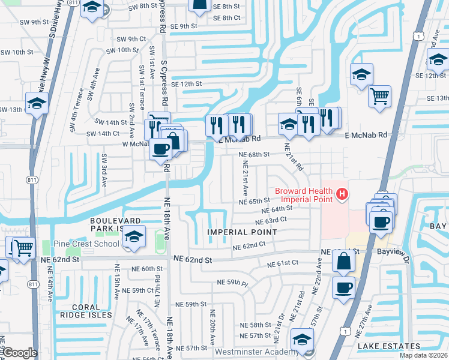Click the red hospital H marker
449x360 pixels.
coord(342,194)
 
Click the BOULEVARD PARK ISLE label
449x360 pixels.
coord(115,224)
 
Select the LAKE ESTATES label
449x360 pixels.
coord(388,346)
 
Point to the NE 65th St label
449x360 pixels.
coord(255,202)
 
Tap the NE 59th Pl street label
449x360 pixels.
coord(233,281)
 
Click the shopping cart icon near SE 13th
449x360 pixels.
coord(379,96)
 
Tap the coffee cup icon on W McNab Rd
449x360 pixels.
coord(161,148)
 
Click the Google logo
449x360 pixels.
coord(20,353)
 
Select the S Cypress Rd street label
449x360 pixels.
coord(163,17)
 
